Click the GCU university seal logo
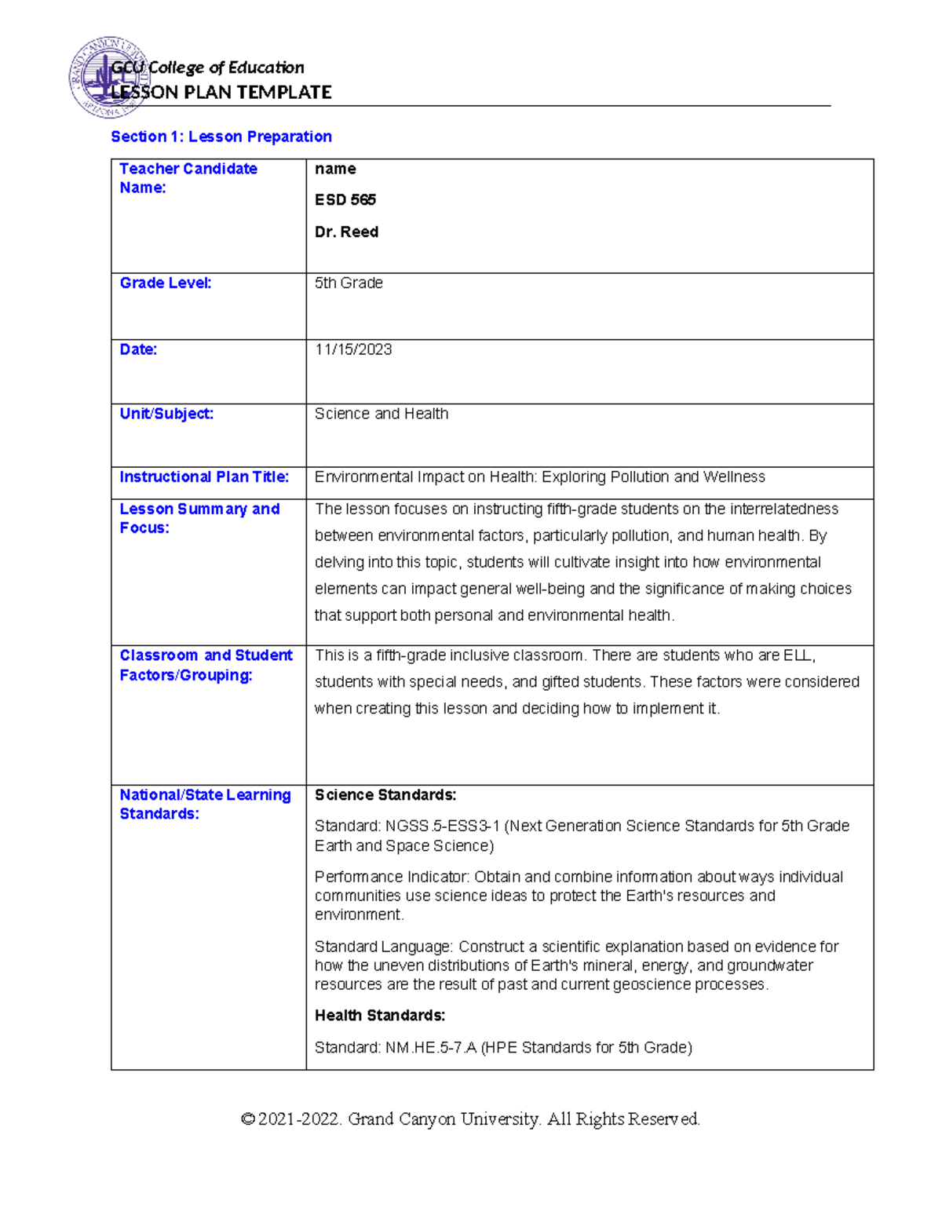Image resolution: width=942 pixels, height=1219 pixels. click(x=106, y=78)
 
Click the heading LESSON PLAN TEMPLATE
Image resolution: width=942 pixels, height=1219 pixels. click(x=222, y=93)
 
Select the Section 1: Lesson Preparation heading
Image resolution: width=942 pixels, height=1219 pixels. click(x=221, y=137)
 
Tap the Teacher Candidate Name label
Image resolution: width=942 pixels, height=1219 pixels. click(x=188, y=178)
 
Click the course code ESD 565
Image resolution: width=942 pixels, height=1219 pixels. click(x=345, y=200)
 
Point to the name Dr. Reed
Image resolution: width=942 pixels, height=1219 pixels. click(x=346, y=232)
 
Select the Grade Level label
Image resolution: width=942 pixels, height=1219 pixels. click(x=165, y=283)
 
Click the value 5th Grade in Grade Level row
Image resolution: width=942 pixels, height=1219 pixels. click(x=349, y=283)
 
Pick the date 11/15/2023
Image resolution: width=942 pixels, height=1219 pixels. click(x=353, y=349)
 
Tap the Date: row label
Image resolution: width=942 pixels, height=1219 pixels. click(x=138, y=349)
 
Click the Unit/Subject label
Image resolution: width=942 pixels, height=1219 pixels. click(x=166, y=414)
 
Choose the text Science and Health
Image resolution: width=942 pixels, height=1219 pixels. click(x=382, y=414)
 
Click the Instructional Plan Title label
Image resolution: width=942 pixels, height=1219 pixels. click(x=204, y=477)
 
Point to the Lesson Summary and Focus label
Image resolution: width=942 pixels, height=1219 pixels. click(x=199, y=518)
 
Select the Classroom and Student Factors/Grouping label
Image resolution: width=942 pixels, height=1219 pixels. click(x=206, y=665)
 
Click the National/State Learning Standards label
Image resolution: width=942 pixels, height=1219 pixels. click(x=205, y=805)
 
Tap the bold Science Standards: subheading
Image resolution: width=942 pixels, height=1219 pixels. click(x=385, y=795)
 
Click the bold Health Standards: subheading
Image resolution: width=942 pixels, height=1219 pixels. click(x=380, y=1016)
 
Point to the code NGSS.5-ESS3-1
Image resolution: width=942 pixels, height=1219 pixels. click(x=442, y=826)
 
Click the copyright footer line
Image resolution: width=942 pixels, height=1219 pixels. click(x=470, y=1119)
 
